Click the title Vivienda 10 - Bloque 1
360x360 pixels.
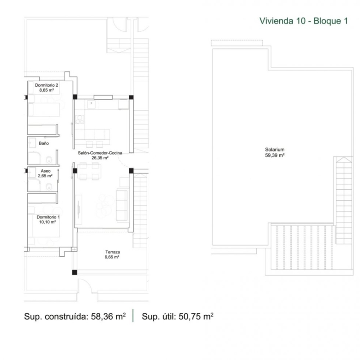(x=304, y=21)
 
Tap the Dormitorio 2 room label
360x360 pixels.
(x=46, y=85)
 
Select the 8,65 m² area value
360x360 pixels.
(x=46, y=90)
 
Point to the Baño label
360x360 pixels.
(x=44, y=143)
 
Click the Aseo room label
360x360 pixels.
(x=45, y=171)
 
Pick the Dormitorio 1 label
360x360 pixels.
(x=48, y=217)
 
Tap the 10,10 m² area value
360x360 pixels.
(x=47, y=222)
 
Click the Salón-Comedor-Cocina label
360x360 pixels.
(x=100, y=153)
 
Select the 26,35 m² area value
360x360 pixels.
(x=100, y=158)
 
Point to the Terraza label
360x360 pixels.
(x=113, y=252)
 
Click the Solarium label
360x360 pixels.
(x=275, y=150)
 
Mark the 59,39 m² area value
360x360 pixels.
(x=275, y=155)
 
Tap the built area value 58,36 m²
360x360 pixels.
(x=108, y=316)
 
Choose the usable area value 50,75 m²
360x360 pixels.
(x=196, y=316)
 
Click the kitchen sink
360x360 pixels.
(x=91, y=104)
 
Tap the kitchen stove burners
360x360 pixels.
(x=80, y=120)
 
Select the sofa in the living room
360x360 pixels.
(x=122, y=205)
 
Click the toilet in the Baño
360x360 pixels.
(x=48, y=160)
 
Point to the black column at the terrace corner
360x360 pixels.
(x=75, y=272)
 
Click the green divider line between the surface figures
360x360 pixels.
(x=133, y=316)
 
